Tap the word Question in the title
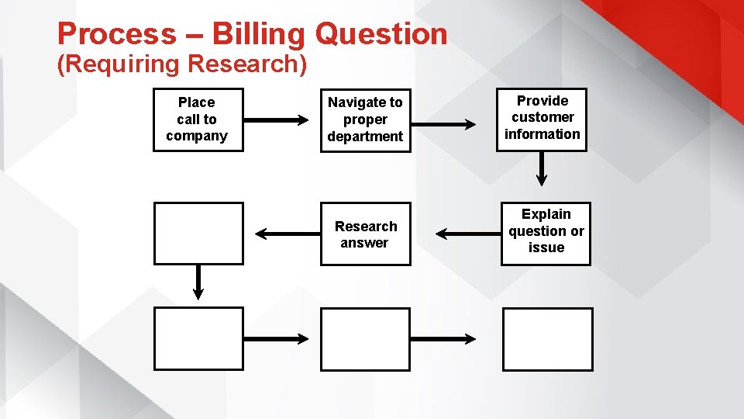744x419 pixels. (381, 35)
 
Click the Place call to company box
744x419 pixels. (198, 119)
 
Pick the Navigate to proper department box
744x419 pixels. (365, 119)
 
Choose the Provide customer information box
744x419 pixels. (542, 118)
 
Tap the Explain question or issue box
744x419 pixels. (546, 232)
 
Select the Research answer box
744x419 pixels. (365, 234)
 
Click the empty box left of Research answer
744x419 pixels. (198, 233)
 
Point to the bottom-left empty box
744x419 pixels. (198, 338)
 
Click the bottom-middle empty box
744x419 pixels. (365, 339)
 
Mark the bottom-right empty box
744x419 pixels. (547, 339)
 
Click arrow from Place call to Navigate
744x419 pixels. (276, 120)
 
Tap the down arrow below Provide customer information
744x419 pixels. (542, 168)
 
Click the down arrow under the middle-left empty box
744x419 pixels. (198, 282)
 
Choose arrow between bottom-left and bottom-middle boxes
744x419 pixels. (276, 338)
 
